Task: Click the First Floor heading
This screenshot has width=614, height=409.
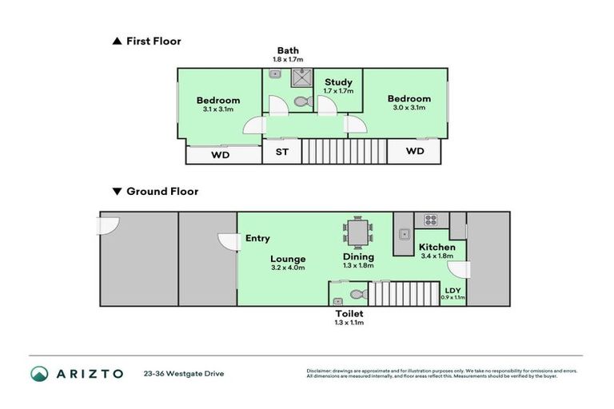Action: click(x=153, y=41)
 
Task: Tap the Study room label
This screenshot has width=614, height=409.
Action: click(x=337, y=82)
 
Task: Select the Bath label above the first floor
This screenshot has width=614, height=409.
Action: click(x=289, y=50)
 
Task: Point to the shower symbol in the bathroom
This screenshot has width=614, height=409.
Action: click(x=302, y=77)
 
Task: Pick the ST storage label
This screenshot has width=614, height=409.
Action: click(x=281, y=152)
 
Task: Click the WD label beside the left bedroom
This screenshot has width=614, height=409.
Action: click(x=220, y=155)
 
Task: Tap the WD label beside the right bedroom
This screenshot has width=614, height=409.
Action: click(x=414, y=151)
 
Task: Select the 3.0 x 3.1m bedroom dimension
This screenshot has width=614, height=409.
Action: click(x=409, y=109)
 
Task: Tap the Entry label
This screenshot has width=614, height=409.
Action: click(x=257, y=238)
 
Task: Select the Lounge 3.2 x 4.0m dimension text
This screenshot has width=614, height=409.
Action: click(x=289, y=268)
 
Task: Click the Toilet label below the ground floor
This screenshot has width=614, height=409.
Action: click(x=349, y=314)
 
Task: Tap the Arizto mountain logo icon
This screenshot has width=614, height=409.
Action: click(x=40, y=373)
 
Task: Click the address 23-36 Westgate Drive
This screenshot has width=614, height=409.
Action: click(x=184, y=373)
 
